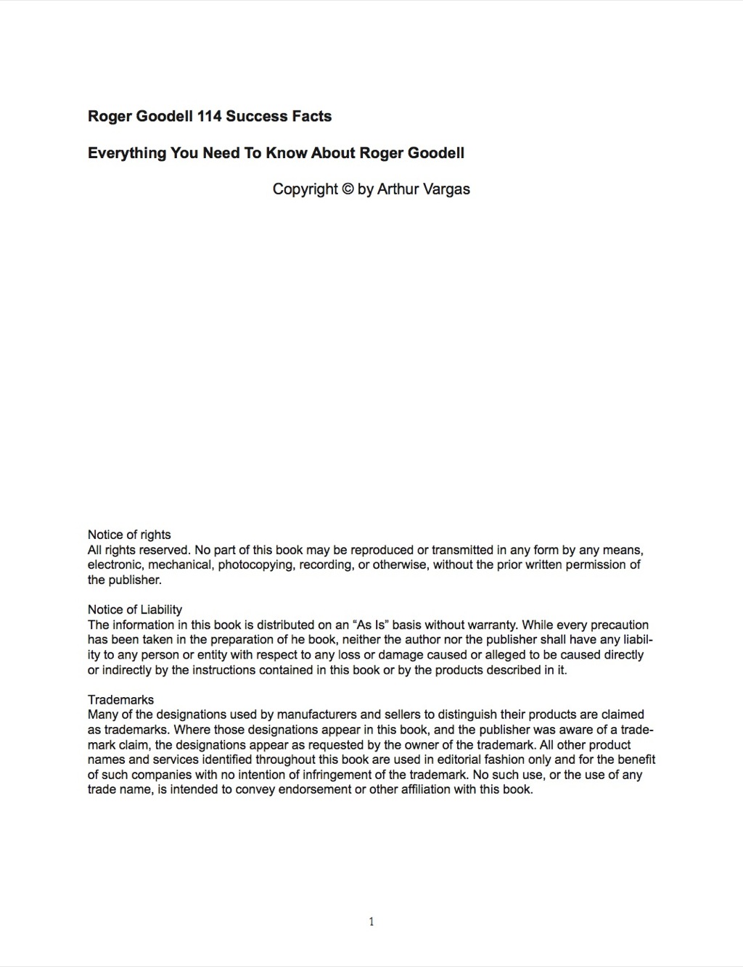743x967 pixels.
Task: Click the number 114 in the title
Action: pyautogui.click(x=209, y=116)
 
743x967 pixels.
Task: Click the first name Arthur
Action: pyautogui.click(x=398, y=189)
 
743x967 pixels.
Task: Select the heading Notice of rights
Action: pyautogui.click(x=129, y=535)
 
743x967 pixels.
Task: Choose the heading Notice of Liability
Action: pyautogui.click(x=135, y=609)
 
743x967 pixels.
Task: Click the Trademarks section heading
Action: pyautogui.click(x=121, y=699)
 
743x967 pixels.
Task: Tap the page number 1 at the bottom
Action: pyautogui.click(x=371, y=922)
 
